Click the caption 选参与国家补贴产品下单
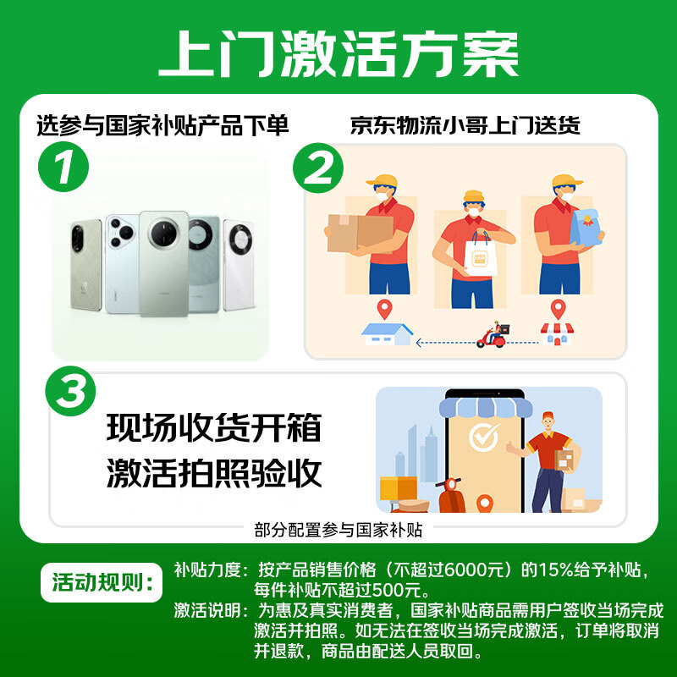coord(162,126)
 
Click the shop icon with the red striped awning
coord(556,333)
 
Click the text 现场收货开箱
coord(214,428)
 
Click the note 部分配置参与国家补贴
coord(338,530)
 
